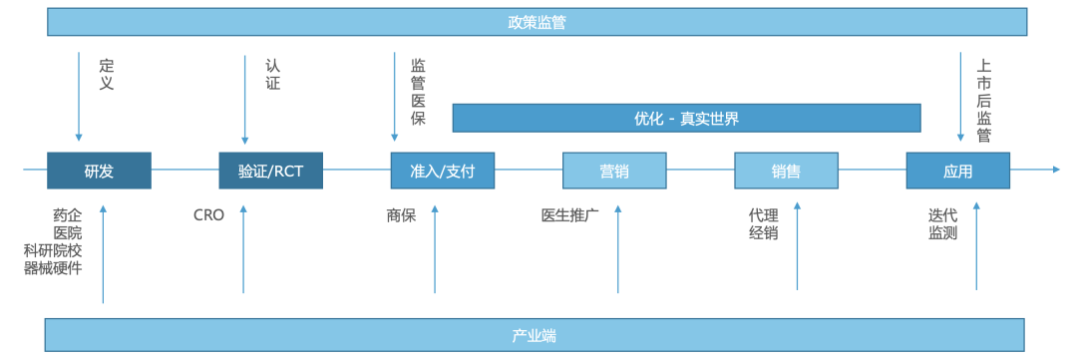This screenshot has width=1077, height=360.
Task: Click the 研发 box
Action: coord(99,171)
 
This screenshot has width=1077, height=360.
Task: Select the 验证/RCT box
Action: coord(270,171)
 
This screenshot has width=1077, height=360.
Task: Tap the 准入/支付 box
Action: coord(442,171)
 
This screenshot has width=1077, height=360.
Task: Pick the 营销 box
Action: coord(614,171)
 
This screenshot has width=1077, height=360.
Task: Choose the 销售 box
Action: coord(786,171)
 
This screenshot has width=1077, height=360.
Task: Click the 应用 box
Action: coord(957,171)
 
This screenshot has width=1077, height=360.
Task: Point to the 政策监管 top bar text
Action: coord(537,22)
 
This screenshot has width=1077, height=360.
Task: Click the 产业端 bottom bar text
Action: coord(535,335)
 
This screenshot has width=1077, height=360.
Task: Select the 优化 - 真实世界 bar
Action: coord(686,118)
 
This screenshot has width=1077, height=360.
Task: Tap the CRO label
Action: coord(208,214)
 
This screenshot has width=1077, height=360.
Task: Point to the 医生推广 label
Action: coord(569,214)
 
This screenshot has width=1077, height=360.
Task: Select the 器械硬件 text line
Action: coord(53,268)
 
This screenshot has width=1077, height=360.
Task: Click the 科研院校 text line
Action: coord(53,250)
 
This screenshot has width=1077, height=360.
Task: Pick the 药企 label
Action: coord(68,214)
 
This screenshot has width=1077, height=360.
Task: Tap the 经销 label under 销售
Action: coord(763,232)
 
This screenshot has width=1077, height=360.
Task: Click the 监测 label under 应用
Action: coord(942,232)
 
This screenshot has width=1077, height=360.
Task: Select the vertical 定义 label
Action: coord(107,75)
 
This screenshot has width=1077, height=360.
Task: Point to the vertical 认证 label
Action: coord(273,75)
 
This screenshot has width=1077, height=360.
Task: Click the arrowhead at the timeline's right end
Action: coord(1056,170)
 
